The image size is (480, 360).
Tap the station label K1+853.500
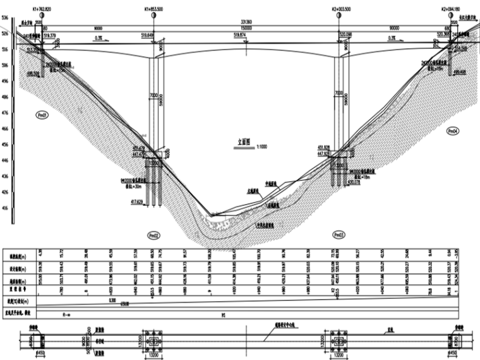click(155, 9)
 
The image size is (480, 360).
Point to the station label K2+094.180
click(453, 9)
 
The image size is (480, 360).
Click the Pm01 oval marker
click(43, 116)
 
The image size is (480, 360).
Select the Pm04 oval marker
click(452, 131)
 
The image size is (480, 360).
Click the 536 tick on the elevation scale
click(5, 18)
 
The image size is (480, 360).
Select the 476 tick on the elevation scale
click(5, 112)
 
